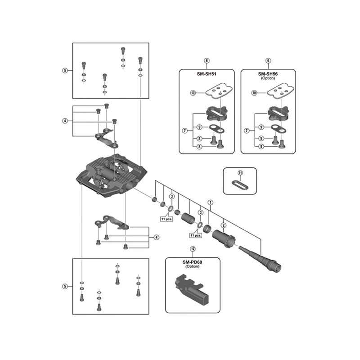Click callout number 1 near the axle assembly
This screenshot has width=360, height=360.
pos(210,202)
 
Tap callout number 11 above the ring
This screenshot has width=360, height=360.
pos(240,173)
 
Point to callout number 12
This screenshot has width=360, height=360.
pos(193,248)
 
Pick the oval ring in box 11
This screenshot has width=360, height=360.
pos(240,184)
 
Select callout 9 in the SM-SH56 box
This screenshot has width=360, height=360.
pos(261,127)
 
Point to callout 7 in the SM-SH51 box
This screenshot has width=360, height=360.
pos(184,130)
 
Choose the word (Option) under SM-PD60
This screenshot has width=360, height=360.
pos(193,266)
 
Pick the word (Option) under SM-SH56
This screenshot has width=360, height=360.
pos(268,78)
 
